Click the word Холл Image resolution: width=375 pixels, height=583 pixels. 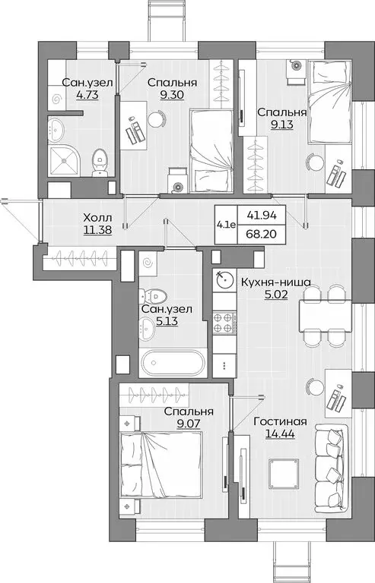(99, 218)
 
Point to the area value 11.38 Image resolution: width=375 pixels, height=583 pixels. (99, 231)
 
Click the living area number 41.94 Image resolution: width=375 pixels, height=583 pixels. (258, 216)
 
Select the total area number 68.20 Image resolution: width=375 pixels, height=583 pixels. (258, 234)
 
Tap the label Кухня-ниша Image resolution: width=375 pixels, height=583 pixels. (275, 282)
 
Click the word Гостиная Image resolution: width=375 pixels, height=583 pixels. (281, 422)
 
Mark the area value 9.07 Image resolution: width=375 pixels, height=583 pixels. (189, 425)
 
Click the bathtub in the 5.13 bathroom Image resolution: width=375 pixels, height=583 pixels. (172, 361)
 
